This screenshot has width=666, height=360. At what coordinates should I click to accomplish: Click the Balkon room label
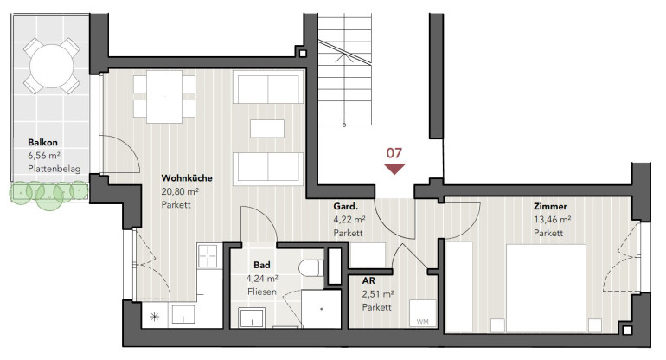click(x=43, y=143)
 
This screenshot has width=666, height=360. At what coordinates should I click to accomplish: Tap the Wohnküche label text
click(x=187, y=178)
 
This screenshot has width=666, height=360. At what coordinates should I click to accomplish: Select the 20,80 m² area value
click(x=180, y=192)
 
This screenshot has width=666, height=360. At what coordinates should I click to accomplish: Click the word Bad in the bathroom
click(x=261, y=265)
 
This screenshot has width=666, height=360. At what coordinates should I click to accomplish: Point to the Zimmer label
click(x=550, y=207)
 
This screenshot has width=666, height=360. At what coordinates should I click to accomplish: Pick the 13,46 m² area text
click(x=552, y=220)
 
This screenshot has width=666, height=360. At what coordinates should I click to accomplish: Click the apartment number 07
click(x=394, y=153)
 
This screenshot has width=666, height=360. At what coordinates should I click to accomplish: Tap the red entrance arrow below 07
click(x=394, y=169)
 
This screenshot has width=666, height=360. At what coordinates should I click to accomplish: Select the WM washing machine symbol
click(x=423, y=313)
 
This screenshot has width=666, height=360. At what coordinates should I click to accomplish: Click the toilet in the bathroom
click(x=311, y=268)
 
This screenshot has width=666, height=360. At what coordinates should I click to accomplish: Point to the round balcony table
click(x=52, y=67)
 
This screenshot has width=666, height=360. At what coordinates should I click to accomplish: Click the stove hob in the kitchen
click(x=209, y=255)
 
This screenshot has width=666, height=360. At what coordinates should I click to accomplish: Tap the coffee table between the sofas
click(x=267, y=129)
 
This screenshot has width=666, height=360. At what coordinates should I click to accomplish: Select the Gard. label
click(x=346, y=207)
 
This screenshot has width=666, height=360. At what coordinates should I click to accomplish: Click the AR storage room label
click(x=368, y=281)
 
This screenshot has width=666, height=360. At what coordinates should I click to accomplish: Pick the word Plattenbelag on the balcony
click(x=54, y=169)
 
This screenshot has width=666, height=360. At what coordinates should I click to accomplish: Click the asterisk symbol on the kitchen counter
click(x=155, y=316)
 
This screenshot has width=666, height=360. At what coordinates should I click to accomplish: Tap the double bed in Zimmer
click(x=547, y=288)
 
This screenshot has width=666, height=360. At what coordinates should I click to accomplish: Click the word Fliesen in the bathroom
click(x=261, y=292)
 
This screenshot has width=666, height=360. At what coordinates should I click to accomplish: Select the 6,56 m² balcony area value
click(x=44, y=156)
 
